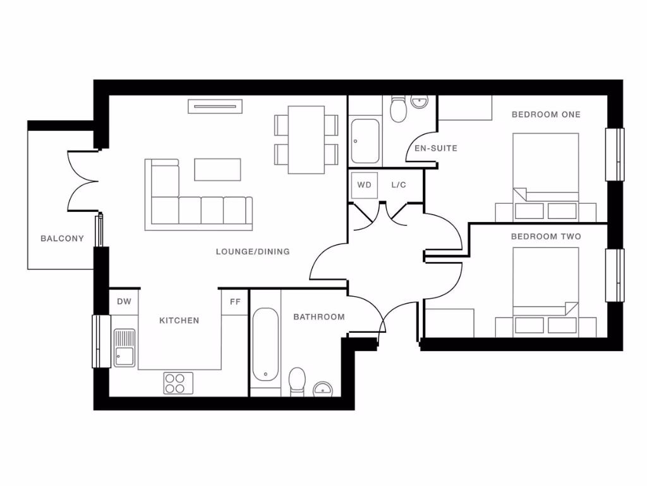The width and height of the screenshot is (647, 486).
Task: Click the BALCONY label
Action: (x=62, y=239)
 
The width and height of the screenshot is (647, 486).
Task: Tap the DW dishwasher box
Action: (x=124, y=302)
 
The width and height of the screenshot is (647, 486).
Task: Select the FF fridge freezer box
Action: (x=235, y=302)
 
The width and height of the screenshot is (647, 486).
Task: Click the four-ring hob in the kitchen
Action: (x=179, y=382)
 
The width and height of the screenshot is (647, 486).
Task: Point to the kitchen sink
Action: (x=124, y=347)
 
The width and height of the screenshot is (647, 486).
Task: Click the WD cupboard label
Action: (x=365, y=185)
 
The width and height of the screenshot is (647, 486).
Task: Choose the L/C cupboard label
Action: (x=399, y=185)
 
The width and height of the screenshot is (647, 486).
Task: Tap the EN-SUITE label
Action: (x=435, y=149)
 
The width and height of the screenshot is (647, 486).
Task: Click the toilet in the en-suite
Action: (x=399, y=110)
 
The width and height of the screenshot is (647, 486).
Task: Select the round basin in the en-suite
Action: (x=420, y=101)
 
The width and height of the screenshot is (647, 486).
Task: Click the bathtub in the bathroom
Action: (x=265, y=345)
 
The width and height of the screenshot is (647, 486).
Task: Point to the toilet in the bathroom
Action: (x=297, y=382)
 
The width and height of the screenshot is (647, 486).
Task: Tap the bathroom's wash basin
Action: (x=323, y=389)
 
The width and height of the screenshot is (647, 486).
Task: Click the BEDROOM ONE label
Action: (x=546, y=115)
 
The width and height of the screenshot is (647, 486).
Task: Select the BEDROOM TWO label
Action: (x=546, y=237)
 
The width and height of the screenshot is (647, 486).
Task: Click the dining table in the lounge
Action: (x=306, y=140)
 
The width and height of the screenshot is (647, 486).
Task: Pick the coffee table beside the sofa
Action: (x=218, y=170)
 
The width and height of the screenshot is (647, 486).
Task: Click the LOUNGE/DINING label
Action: (x=253, y=252)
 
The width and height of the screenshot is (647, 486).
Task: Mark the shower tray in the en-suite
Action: (x=366, y=140)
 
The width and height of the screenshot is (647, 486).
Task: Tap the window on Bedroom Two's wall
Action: (x=614, y=275)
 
